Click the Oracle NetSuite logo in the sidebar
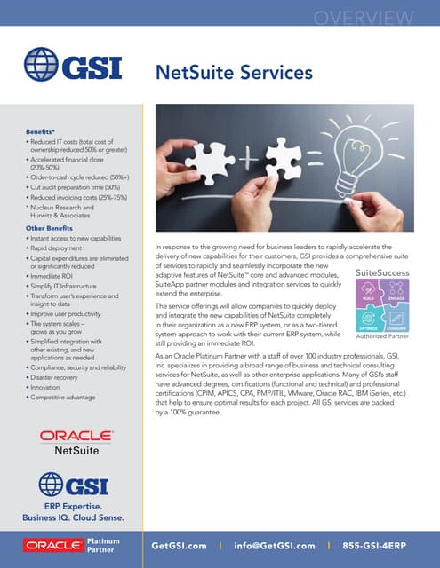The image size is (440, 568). point(76,441)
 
